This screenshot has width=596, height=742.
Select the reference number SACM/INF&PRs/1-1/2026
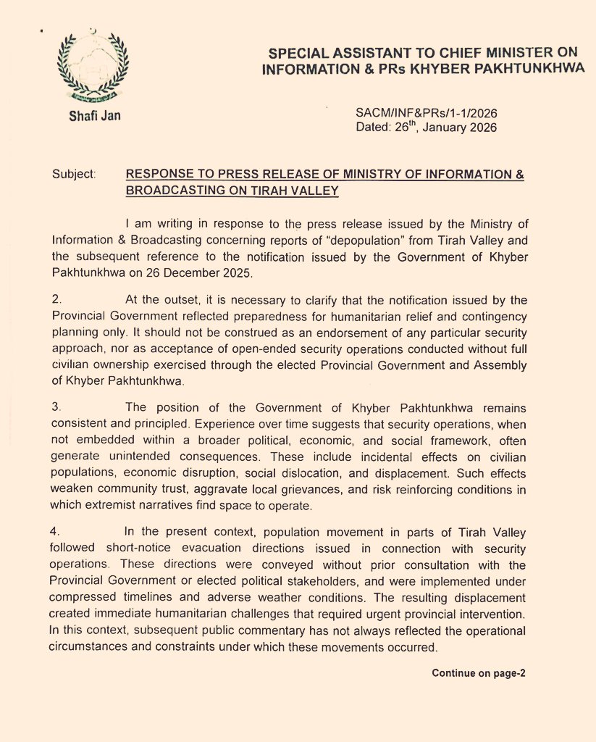pyautogui.click(x=427, y=114)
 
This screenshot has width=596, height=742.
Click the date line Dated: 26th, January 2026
pyautogui.click(x=427, y=128)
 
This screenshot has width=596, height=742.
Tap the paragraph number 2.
pyautogui.click(x=56, y=300)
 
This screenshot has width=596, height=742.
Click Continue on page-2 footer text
pyautogui.click(x=478, y=673)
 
